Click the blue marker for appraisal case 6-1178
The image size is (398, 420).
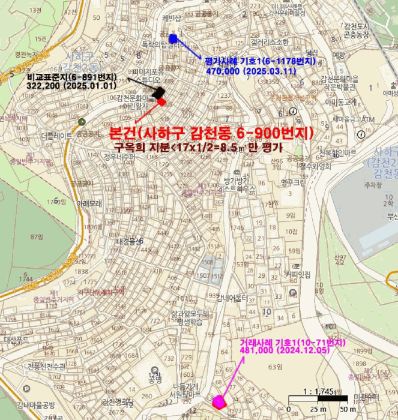pos(173,39)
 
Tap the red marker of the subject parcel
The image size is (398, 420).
pos(161,102)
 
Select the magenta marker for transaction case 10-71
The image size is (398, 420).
pos(219,401)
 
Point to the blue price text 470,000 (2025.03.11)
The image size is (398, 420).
pos(251,70)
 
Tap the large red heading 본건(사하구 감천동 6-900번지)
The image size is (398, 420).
pos(211,133)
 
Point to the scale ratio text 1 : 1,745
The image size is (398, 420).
pos(318,391)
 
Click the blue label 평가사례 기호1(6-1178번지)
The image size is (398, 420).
pos(259,61)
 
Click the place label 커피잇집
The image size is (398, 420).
pos(298,275)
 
